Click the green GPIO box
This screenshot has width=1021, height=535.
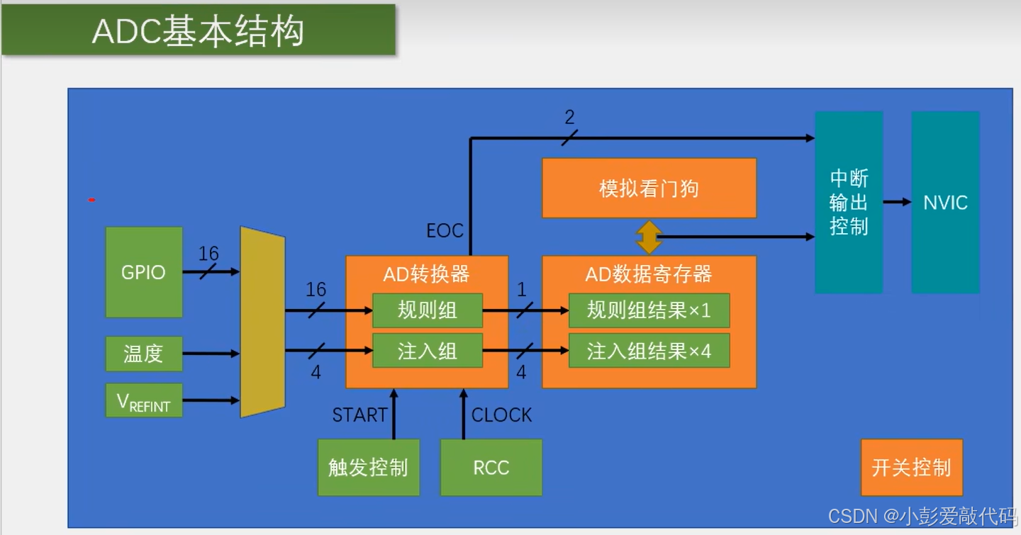143,272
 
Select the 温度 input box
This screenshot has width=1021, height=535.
143,354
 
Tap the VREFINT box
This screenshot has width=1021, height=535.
143,400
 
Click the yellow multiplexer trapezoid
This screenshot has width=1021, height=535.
262,322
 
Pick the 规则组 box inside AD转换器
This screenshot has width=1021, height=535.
427,310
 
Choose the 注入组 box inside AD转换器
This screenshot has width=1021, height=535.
427,351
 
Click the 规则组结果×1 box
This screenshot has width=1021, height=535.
649,310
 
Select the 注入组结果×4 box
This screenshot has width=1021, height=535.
649,351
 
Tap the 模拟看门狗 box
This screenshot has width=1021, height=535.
649,188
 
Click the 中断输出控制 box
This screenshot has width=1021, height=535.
849,202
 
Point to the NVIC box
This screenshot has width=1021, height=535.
945,202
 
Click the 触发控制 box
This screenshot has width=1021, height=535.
368,468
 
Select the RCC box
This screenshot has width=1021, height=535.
491,468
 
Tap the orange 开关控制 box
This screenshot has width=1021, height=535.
911,468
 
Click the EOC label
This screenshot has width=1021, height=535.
445,230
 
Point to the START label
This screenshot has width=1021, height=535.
359,415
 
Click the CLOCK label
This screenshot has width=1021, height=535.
501,415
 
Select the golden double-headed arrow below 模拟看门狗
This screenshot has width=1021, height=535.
649,237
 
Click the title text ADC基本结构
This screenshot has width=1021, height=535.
198,31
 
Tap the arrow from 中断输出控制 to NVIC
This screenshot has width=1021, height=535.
897,202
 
